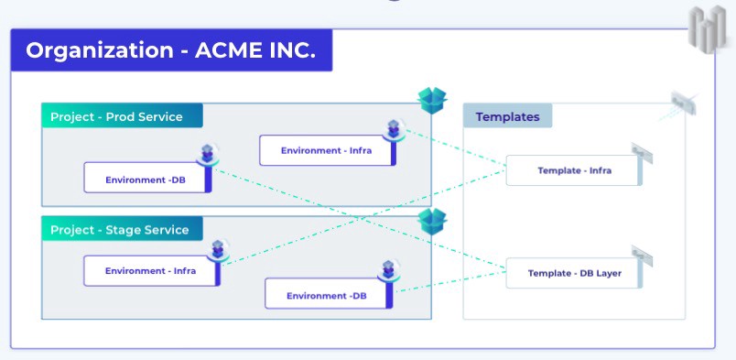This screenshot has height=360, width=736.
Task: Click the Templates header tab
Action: (x=507, y=116)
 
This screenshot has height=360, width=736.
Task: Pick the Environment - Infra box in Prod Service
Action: (x=326, y=150)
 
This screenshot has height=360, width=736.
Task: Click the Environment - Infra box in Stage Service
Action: (x=150, y=270)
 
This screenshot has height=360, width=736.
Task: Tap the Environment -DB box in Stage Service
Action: (x=327, y=295)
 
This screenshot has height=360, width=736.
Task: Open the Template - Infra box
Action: (x=574, y=170)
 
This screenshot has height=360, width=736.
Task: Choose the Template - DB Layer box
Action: (x=574, y=273)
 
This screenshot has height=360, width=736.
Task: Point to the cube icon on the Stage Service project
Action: (x=432, y=221)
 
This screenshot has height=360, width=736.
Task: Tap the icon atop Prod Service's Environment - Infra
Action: (x=394, y=130)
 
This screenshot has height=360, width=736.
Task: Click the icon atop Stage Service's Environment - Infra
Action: (x=218, y=249)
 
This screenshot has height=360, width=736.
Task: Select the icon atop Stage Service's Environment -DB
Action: (x=386, y=271)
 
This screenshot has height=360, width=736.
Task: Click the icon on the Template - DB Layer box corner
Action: (x=640, y=256)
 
